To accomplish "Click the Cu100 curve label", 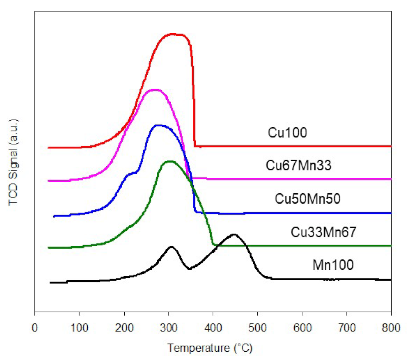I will pyautogui.click(x=287, y=133).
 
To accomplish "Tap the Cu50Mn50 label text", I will pyautogui.click(x=308, y=199).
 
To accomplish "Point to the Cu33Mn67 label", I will pyautogui.click(x=323, y=232).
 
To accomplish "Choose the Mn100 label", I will pyautogui.click(x=333, y=264).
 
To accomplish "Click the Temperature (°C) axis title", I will pyautogui.click(x=210, y=347).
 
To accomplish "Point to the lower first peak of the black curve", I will pyautogui.click(x=171, y=247).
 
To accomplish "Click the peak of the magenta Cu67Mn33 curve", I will pyautogui.click(x=155, y=90).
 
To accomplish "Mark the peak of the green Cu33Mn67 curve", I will pyautogui.click(x=169, y=161).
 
